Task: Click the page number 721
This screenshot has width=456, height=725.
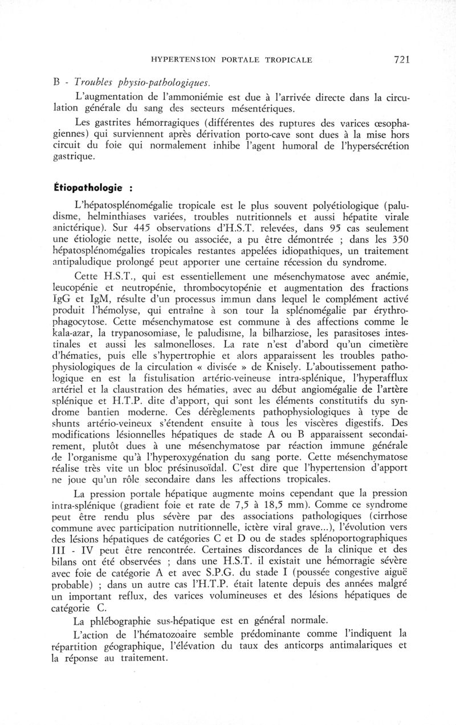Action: (x=401, y=59)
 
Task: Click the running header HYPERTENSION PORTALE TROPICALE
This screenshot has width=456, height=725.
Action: (x=231, y=59)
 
